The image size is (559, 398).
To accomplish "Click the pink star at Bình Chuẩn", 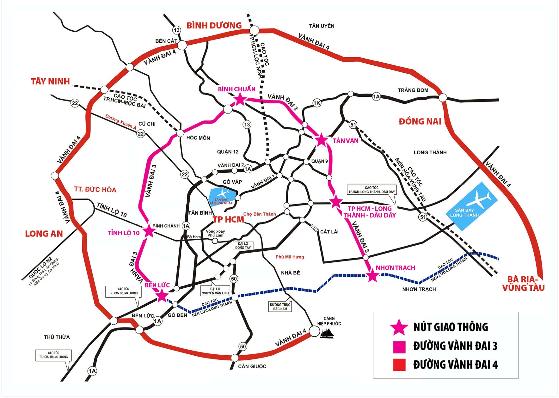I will pyautogui.click(x=240, y=100).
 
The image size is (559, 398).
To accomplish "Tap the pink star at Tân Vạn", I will pyautogui.click(x=321, y=140).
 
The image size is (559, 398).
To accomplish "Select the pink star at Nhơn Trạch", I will pyautogui.click(x=372, y=276).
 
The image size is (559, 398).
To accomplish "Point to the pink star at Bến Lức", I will pyautogui.click(x=162, y=296).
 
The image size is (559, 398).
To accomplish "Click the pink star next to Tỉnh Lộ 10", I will pyautogui.click(x=149, y=231).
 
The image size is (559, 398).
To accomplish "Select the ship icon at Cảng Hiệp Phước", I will pyautogui.click(x=327, y=333).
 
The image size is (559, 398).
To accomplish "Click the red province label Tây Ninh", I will pyautogui.click(x=50, y=82).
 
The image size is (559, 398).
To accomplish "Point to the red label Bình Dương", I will pyautogui.click(x=214, y=26).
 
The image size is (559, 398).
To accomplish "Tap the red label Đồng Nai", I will pyautogui.click(x=420, y=121).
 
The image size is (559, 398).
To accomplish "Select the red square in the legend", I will pyautogui.click(x=399, y=364).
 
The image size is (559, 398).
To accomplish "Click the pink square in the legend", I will pyautogui.click(x=399, y=346).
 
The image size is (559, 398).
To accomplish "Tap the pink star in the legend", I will pyautogui.click(x=399, y=327).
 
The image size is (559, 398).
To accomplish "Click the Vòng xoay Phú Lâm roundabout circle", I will pyautogui.click(x=215, y=241).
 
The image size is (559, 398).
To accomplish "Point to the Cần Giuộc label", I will pyautogui.click(x=252, y=366).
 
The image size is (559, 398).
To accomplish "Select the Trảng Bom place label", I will pyautogui.click(x=413, y=90).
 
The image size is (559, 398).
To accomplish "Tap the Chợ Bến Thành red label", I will pyautogui.click(x=260, y=214).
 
